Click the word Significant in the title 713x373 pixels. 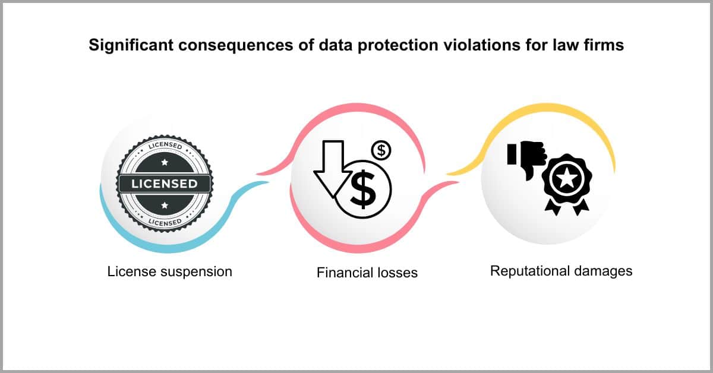click(x=131, y=46)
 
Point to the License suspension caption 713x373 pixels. click(x=170, y=272)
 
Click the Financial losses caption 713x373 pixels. click(x=367, y=273)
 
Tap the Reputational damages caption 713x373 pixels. click(x=561, y=271)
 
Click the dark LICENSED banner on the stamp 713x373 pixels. click(x=165, y=184)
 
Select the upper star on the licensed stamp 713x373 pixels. click(x=165, y=162)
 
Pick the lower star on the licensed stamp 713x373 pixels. click(x=165, y=206)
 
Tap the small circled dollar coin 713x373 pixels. click(x=381, y=150)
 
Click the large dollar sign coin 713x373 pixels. click(x=363, y=189)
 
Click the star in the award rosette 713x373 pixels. click(x=567, y=179)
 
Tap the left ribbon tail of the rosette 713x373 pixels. click(x=553, y=207)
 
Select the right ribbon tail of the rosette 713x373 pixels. click(x=581, y=207)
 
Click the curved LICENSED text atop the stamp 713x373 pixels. click(x=165, y=146)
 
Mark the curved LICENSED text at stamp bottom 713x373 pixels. click(x=165, y=222)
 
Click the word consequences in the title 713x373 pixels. click(x=235, y=46)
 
